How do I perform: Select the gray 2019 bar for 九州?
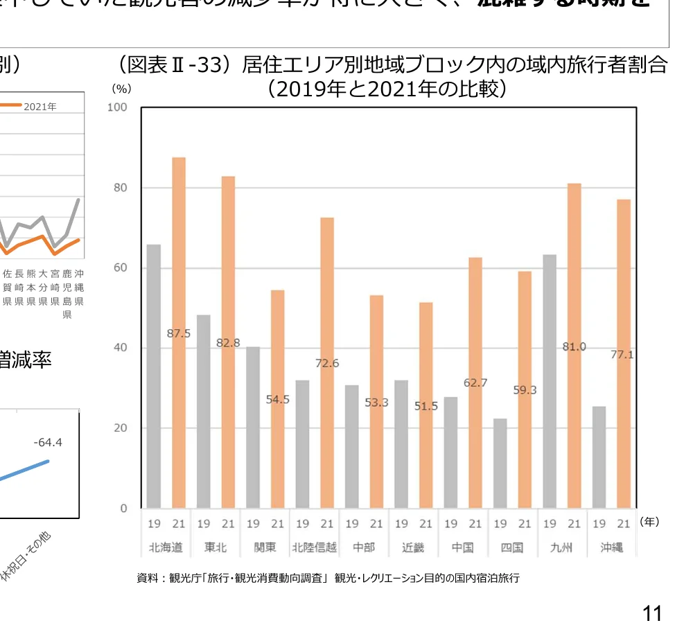coord(550,381)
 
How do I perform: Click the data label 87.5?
coord(179,333)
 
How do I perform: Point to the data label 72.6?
coord(327,363)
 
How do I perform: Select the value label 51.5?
coord(426,406)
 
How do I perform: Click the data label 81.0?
coord(574,346)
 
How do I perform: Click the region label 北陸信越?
coord(315,547)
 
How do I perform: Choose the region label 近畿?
coord(414,547)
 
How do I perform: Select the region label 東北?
coord(216,547)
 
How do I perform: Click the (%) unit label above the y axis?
coord(121,89)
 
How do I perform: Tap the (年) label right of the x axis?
coord(649,522)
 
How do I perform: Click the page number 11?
coord(651,613)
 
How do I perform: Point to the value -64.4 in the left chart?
coord(48,442)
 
